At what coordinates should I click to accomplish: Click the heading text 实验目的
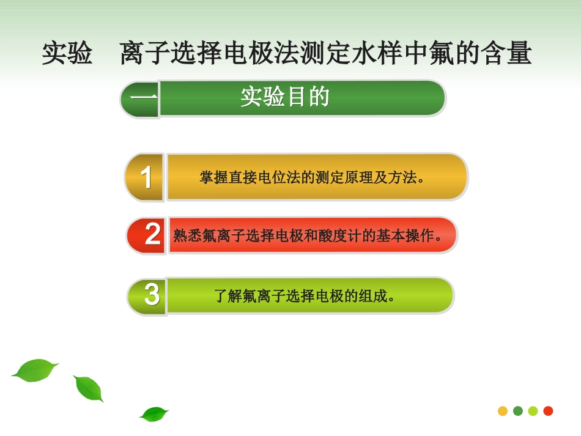tap(285, 97)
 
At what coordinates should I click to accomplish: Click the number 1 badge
tap(146, 177)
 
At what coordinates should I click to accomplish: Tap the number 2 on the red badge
tap(152, 235)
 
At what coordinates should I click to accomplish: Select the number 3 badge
tap(151, 295)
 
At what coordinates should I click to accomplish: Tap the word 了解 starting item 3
tap(228, 297)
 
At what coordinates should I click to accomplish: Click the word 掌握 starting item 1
tap(212, 178)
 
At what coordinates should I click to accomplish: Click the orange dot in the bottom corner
tap(503, 411)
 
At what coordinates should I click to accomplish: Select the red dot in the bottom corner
tap(548, 411)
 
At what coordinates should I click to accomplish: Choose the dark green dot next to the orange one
tap(518, 411)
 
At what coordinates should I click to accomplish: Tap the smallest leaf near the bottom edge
tap(154, 414)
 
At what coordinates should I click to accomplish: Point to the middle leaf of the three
tap(89, 388)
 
